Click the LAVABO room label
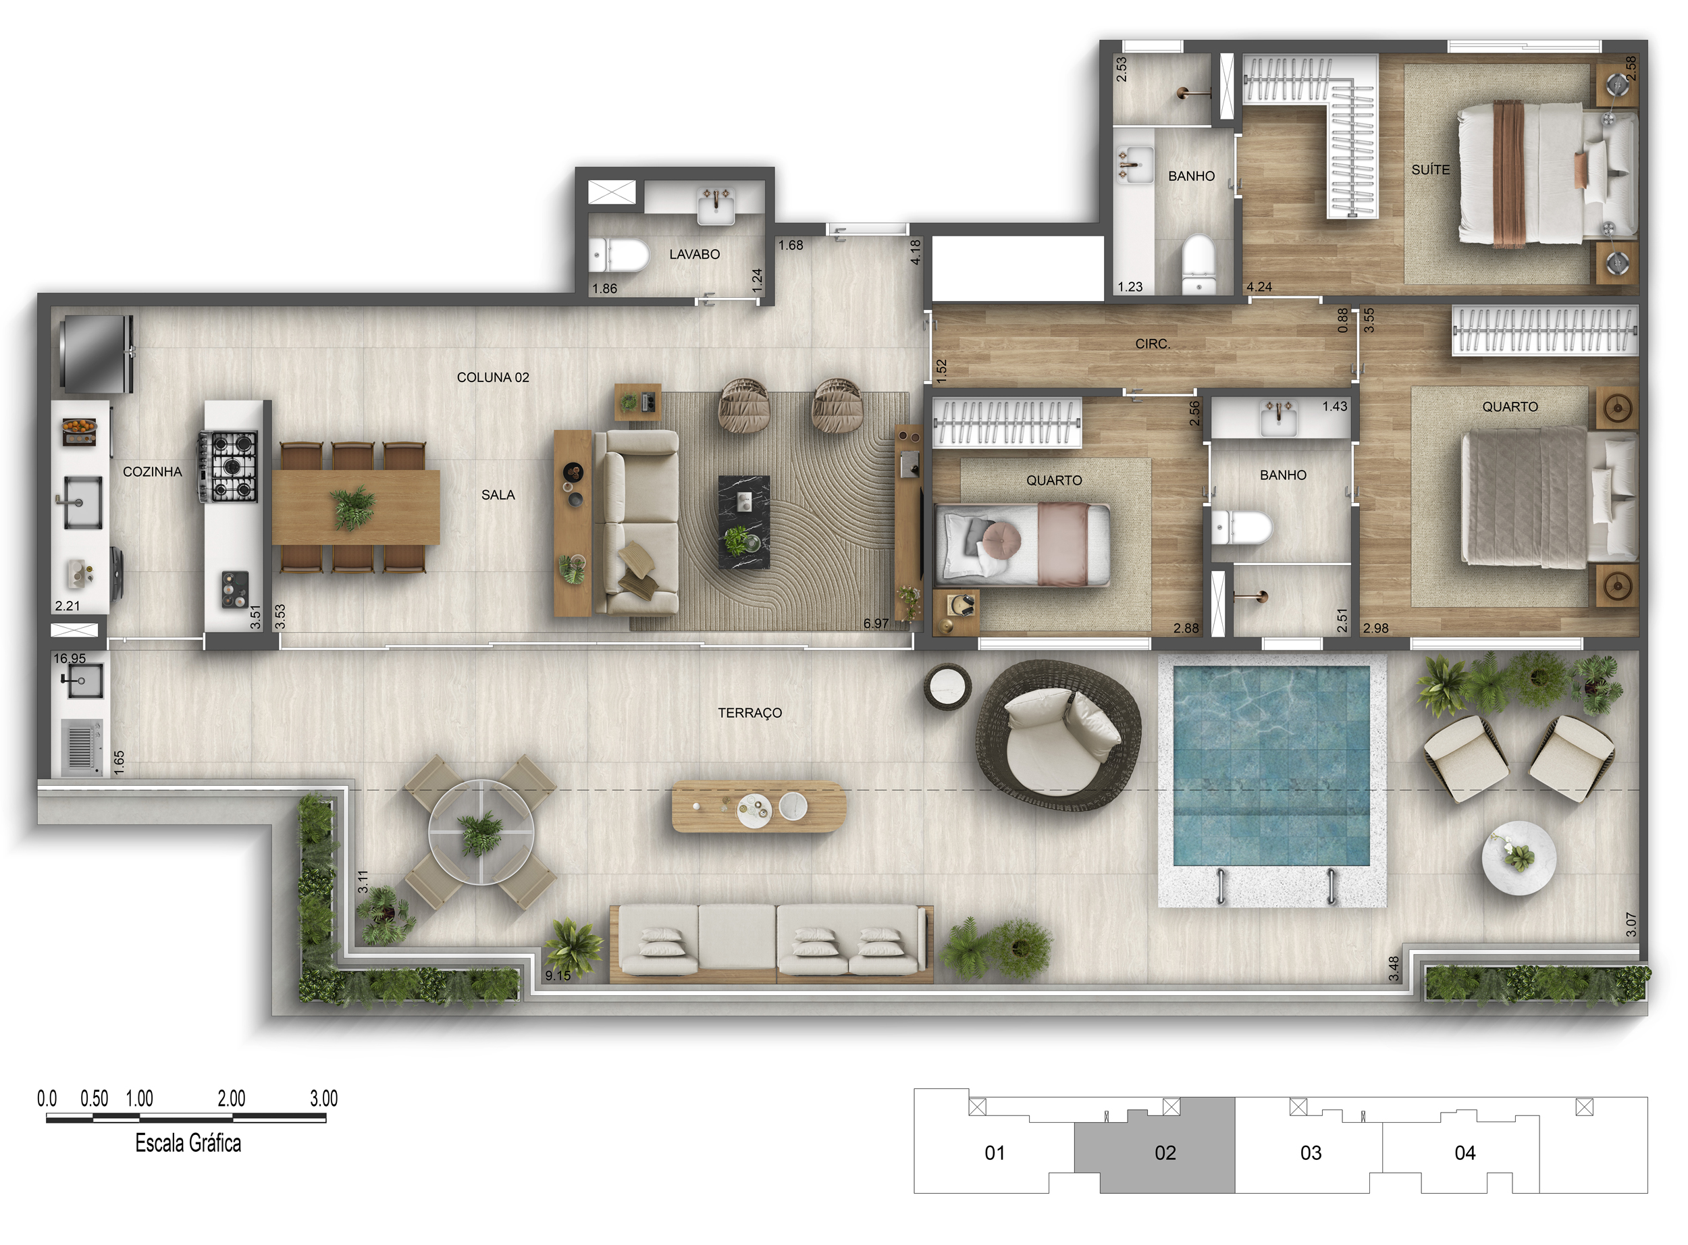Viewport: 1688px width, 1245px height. tap(694, 255)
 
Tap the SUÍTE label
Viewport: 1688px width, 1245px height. tap(1430, 170)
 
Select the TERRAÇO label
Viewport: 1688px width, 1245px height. tap(749, 713)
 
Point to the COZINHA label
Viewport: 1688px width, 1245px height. tap(152, 472)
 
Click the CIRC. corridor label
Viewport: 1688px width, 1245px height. tap(1152, 344)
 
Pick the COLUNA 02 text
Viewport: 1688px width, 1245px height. tap(493, 377)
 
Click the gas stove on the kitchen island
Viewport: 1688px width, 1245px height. tap(228, 466)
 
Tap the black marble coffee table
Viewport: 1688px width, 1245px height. tap(744, 521)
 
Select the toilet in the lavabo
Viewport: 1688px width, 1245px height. tap(618, 255)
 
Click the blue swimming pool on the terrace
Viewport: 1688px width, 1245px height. tap(1271, 766)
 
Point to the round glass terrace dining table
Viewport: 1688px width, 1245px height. tap(481, 832)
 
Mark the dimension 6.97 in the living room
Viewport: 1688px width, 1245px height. tap(876, 623)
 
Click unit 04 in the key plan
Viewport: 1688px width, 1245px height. tap(1465, 1153)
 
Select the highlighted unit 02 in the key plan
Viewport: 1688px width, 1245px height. tap(1165, 1153)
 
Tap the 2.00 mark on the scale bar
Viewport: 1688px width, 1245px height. tap(232, 1098)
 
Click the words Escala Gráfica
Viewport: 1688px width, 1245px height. tap(188, 1143)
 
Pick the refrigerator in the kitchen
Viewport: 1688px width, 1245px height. tap(96, 354)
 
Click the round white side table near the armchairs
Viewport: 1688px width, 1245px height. tap(1519, 857)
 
